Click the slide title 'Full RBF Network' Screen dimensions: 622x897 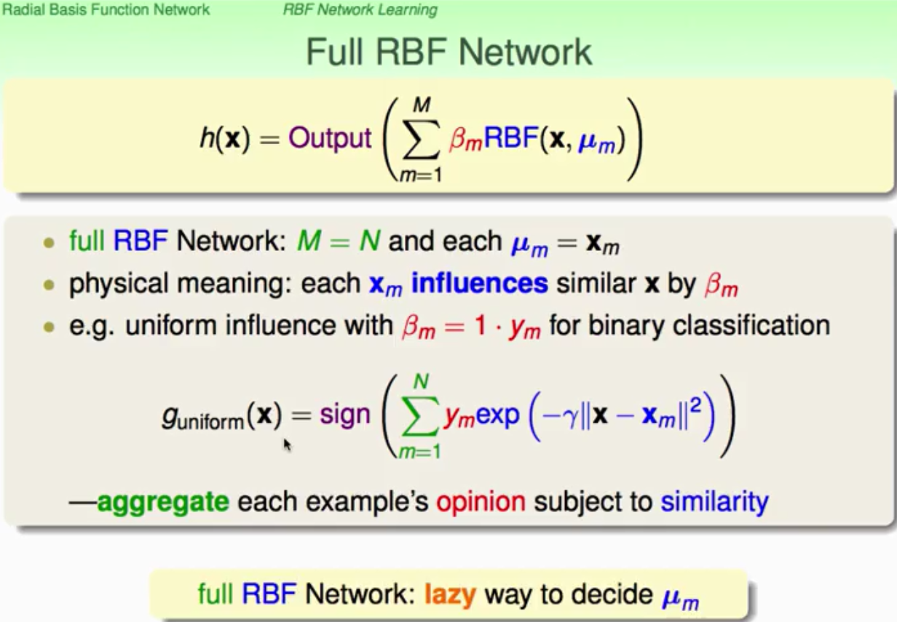pyautogui.click(x=448, y=52)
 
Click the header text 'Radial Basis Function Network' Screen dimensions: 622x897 pyautogui.click(x=106, y=9)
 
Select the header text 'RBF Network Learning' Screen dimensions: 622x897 pyautogui.click(x=360, y=9)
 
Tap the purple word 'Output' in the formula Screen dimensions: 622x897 pyautogui.click(x=330, y=138)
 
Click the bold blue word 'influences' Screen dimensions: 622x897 pyautogui.click(x=479, y=283)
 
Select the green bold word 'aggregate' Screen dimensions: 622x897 pyautogui.click(x=162, y=502)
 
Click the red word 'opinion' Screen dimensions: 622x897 pyautogui.click(x=481, y=502)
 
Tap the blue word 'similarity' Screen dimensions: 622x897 pyautogui.click(x=714, y=502)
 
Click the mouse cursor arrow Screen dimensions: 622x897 pyautogui.click(x=287, y=444)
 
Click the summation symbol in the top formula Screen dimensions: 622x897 pyautogui.click(x=420, y=138)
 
